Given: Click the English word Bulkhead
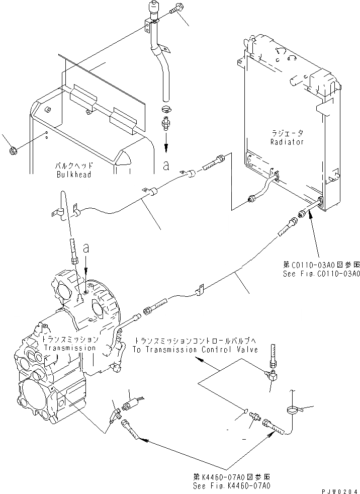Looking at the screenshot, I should (x=73, y=174).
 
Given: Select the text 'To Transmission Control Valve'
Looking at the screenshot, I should (x=196, y=349).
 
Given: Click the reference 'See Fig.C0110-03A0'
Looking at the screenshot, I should (x=321, y=274).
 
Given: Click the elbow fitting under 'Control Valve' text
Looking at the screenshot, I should (x=270, y=374).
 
